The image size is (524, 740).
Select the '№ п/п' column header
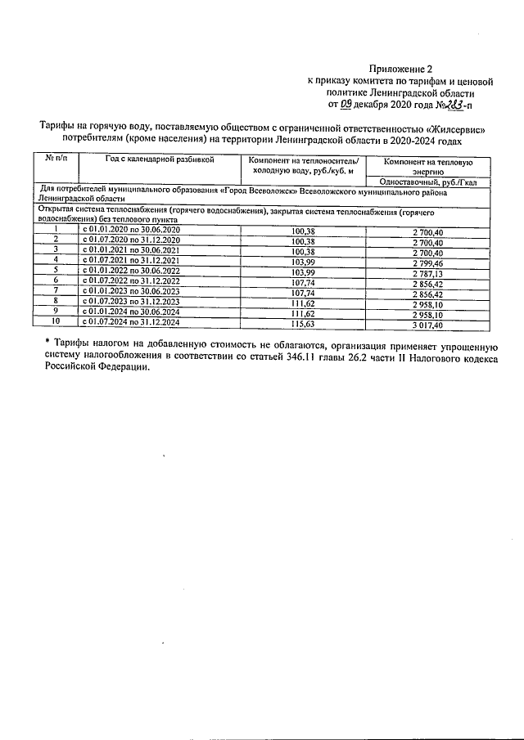pos(55,159)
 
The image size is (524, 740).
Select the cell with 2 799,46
pos(427,262)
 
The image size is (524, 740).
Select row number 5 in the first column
pos(55,271)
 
